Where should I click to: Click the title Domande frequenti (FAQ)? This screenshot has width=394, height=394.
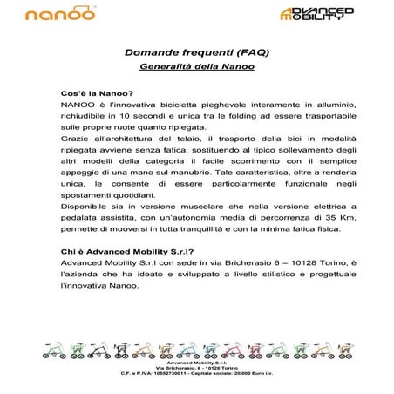pos(195,52)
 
